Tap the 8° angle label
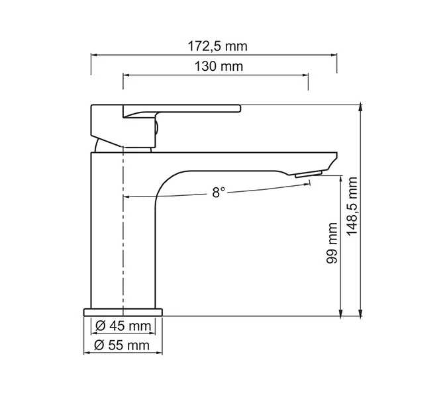coord(219,192)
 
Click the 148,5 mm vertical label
coord(352,206)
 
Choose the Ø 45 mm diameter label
coord(123,326)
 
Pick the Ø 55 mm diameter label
coord(123,345)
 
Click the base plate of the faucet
coord(123,312)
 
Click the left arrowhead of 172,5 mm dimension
coord(93,56)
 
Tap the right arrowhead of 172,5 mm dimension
coord(334,56)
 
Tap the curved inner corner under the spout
coord(166,182)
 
